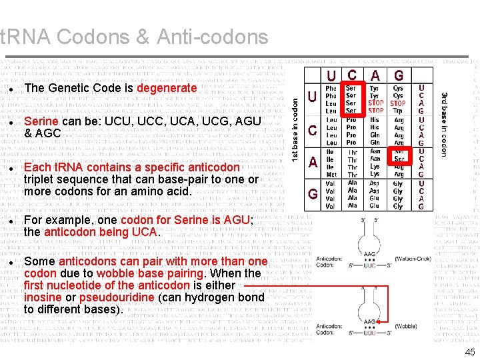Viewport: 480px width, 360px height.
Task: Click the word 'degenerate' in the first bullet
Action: pos(167,88)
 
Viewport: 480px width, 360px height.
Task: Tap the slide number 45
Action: pos(470,352)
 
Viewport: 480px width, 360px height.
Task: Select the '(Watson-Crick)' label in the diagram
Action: pos(413,259)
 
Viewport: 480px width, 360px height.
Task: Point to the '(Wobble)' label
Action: pos(405,326)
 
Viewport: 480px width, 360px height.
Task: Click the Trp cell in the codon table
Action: pos(398,111)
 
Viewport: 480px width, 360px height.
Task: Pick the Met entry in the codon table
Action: pos(331,175)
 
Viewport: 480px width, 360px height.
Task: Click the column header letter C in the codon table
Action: pos(351,76)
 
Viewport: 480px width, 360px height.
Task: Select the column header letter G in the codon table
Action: pos(399,76)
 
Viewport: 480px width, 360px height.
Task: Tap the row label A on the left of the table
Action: pos(313,162)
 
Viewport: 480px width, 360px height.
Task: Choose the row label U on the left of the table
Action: pos(312,97)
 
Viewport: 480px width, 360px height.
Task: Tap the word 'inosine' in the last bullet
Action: pos(42,297)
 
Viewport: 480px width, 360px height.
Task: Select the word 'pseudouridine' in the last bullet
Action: pos(117,297)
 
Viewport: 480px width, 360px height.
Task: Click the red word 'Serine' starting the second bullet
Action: pos(41,121)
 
